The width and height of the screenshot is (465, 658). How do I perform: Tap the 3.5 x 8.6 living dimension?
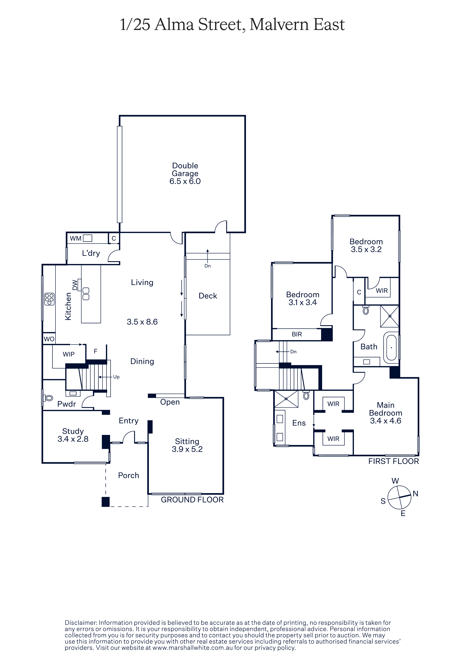point(142,322)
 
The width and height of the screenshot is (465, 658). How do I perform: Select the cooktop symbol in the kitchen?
point(49,299)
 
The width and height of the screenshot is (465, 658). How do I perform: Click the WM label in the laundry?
point(76,238)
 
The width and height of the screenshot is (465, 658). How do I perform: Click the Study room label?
point(73,431)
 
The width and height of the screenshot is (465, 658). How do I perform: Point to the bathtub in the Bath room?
point(391,348)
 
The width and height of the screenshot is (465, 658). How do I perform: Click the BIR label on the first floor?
point(297,334)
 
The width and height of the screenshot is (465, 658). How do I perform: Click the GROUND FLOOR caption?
point(192,500)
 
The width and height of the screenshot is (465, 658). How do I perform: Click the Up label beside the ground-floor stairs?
point(116,377)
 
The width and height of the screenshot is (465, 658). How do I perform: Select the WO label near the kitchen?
point(49,339)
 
